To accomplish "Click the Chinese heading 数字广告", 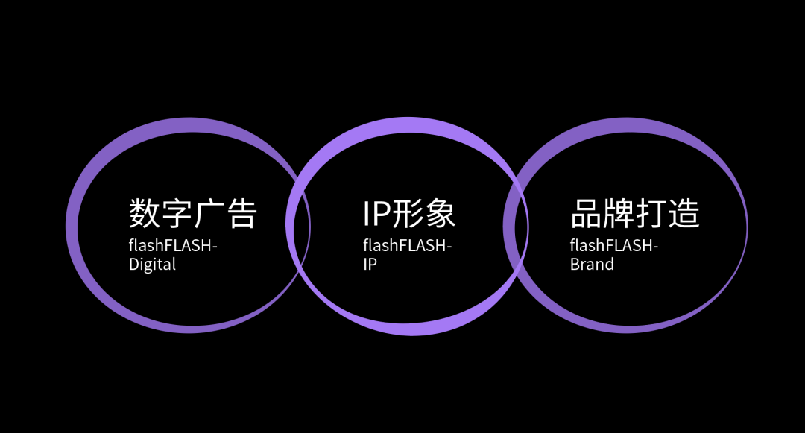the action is [x=193, y=214].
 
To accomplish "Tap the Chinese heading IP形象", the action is [x=408, y=214].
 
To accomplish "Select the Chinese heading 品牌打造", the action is [x=635, y=214].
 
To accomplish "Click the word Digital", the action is [x=152, y=265].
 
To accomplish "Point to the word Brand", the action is [x=592, y=265].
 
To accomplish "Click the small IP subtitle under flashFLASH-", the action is [x=370, y=265].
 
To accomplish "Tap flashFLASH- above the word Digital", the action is [x=173, y=245].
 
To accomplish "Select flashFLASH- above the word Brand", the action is [x=614, y=245].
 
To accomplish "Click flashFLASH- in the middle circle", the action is [x=407, y=245].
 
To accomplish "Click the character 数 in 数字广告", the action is [x=145, y=214].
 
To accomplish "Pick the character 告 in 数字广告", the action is [x=241, y=214].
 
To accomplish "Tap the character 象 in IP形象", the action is [x=440, y=214].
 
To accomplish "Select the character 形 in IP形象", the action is [x=408, y=214].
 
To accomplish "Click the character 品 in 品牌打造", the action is [x=586, y=214].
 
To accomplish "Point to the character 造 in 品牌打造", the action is [x=684, y=214].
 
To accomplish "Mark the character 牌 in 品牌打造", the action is [x=619, y=214].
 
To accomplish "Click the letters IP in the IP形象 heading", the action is [x=376, y=214].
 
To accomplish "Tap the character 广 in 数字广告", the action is [x=209, y=214].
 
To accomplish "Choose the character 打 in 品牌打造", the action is [x=651, y=214].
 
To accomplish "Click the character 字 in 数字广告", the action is [x=177, y=214].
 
